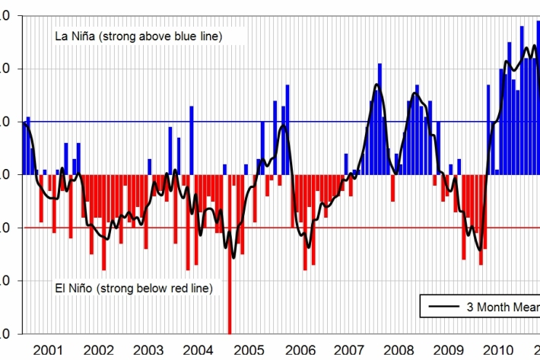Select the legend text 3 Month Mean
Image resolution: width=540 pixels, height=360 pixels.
tap(502, 307)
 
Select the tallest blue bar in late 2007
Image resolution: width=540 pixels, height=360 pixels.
tap(380, 114)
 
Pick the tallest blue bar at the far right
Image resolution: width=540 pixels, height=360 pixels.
tap(538, 91)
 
